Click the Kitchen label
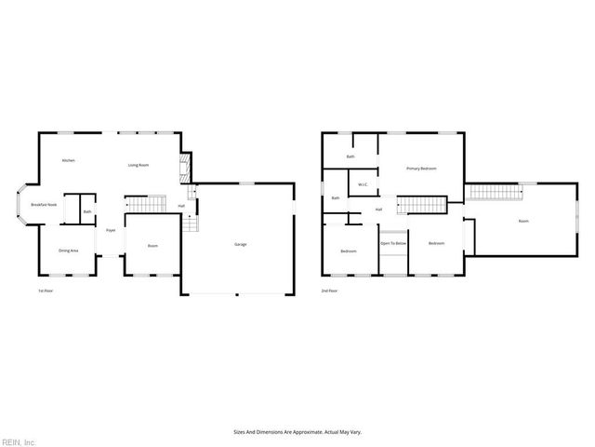68,161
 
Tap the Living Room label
139,165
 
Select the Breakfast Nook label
44,204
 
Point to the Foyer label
111,230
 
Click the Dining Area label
68,251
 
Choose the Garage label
240,245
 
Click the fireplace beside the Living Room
184,168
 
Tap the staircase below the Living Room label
145,205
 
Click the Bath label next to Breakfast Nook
87,212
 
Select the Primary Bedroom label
421,169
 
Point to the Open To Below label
393,244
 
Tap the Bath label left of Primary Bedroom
350,156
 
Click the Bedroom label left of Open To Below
349,251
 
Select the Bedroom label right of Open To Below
437,244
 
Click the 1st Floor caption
45,291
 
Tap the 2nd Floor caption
330,291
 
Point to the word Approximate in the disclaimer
305,432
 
